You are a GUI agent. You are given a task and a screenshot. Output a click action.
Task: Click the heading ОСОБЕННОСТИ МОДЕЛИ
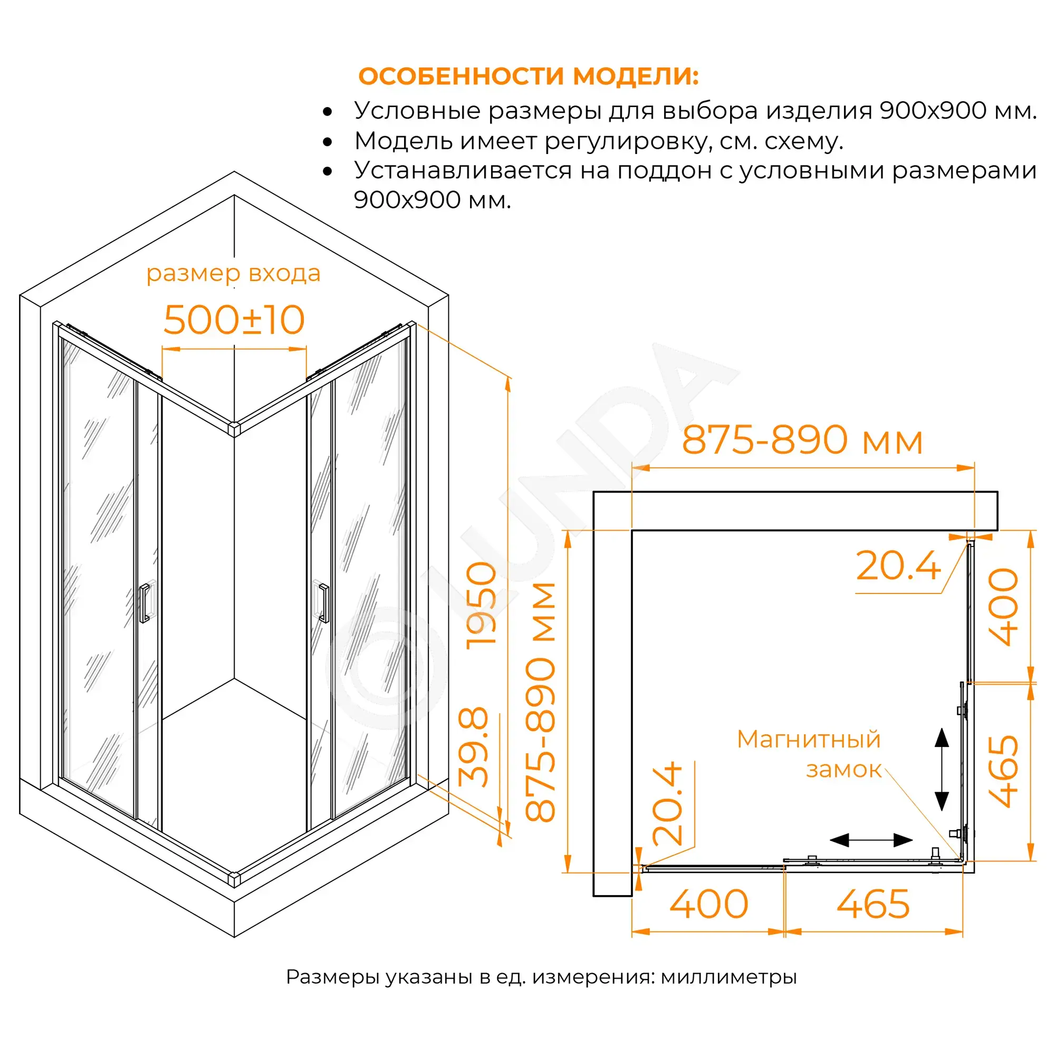pos(528,76)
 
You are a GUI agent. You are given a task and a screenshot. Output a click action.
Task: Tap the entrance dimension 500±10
pos(234,320)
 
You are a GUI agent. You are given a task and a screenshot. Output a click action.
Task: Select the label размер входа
pos(233,273)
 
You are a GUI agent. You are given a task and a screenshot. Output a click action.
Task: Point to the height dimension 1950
pos(481,605)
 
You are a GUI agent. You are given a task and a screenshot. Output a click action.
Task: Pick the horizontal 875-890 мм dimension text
pos(802,440)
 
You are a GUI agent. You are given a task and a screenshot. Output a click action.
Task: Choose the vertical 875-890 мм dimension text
pos(540,702)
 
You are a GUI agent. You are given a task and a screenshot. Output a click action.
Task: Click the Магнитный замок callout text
pos(809,754)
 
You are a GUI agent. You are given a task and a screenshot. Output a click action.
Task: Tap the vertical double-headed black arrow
pos(942,770)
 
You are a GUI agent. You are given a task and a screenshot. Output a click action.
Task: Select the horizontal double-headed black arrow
pos(871,840)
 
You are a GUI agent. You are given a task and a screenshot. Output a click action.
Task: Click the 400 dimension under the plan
pos(709,905)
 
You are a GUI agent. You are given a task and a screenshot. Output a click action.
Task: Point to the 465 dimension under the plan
pos(873,905)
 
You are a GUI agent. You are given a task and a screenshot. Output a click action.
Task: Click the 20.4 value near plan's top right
pos(899,565)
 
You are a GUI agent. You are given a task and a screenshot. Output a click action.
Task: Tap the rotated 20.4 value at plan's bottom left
pos(667,804)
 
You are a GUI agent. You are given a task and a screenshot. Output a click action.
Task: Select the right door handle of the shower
pos(323,603)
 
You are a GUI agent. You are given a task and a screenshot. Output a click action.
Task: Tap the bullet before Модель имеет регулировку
pos(328,142)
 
